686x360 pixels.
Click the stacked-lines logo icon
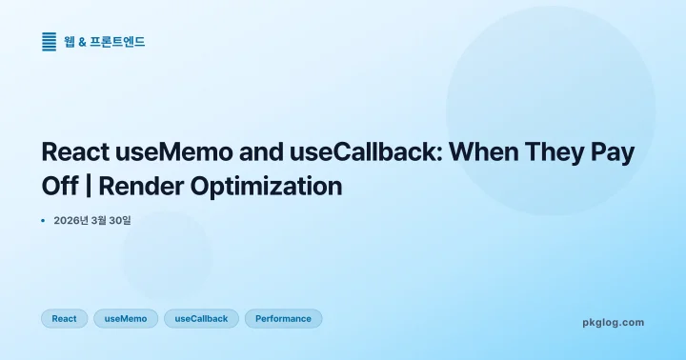49,42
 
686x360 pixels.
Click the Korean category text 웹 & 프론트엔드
105,42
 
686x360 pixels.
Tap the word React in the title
77,152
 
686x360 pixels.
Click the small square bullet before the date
43,220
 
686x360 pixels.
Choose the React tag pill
64,318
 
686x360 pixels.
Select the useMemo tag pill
126,318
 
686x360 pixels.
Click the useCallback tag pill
201,318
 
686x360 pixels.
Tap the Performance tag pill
283,318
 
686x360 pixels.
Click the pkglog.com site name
613,322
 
